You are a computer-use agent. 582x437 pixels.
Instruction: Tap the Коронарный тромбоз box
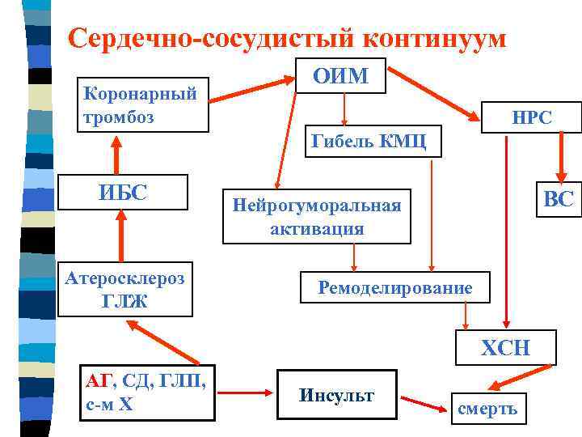click(x=141, y=104)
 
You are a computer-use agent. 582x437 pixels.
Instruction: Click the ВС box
click(x=557, y=199)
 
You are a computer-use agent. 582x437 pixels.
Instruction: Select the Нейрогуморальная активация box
click(x=317, y=216)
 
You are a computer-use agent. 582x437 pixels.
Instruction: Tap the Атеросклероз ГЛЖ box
click(x=124, y=290)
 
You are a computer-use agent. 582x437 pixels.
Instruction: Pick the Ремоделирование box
click(x=395, y=287)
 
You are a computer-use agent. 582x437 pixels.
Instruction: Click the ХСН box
click(x=506, y=348)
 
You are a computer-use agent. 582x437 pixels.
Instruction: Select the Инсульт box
click(x=336, y=396)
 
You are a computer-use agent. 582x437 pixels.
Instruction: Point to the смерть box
click(x=487, y=409)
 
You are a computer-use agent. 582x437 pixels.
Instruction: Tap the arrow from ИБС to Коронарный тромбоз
click(x=117, y=154)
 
